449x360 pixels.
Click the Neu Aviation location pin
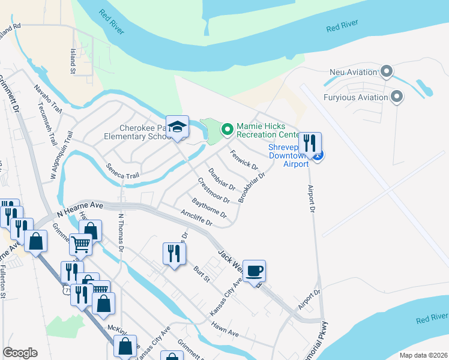pos(387,73)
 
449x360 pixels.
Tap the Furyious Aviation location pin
pos(396,97)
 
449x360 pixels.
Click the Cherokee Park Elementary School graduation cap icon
pos(177,127)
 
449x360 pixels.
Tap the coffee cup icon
pos(254,271)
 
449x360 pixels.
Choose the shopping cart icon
pos(81,244)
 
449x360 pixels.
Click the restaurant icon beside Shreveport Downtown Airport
pos(310,143)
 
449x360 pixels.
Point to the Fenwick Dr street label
pos(244,160)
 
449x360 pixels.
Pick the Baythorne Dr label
pos(209,208)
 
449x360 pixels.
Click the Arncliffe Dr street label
pos(197,217)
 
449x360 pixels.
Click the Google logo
pos(20,353)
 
